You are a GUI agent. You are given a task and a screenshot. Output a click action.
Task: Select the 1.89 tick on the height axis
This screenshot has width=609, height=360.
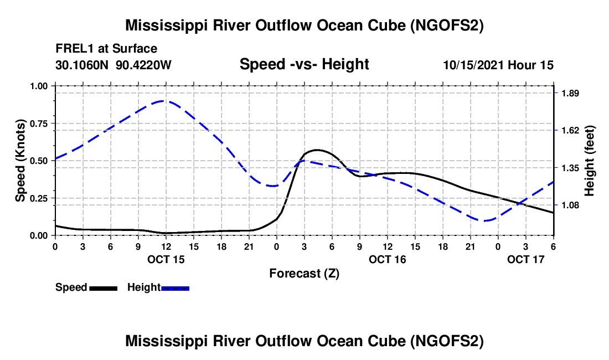[x=570, y=93]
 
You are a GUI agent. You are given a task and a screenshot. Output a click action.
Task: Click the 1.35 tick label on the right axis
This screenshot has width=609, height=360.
[x=570, y=168]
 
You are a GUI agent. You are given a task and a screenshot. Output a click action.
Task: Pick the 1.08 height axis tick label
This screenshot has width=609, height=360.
[x=570, y=205]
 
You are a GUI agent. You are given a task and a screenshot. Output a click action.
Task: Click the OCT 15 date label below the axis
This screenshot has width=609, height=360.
[x=166, y=259]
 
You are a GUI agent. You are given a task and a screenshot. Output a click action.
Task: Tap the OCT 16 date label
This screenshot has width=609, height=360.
[x=388, y=259]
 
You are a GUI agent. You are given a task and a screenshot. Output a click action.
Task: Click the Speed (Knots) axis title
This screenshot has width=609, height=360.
[x=20, y=161]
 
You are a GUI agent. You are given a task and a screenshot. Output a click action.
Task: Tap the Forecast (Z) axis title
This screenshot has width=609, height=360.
[x=304, y=273]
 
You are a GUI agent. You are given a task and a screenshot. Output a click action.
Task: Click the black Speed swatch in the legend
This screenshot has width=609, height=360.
[x=103, y=287]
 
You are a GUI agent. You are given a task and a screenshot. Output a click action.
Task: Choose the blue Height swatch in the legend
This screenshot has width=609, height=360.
[x=176, y=287]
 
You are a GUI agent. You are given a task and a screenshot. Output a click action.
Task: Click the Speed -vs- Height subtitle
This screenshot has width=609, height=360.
[x=304, y=64]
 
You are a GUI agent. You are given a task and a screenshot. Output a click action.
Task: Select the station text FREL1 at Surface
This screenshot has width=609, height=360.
[x=106, y=49]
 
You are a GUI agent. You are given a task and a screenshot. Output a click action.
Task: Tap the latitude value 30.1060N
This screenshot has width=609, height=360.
[x=82, y=65]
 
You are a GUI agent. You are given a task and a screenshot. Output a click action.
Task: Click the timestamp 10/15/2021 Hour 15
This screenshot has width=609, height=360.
[x=498, y=65]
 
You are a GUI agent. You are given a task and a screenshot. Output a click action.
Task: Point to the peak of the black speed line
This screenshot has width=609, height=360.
[x=317, y=150]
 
